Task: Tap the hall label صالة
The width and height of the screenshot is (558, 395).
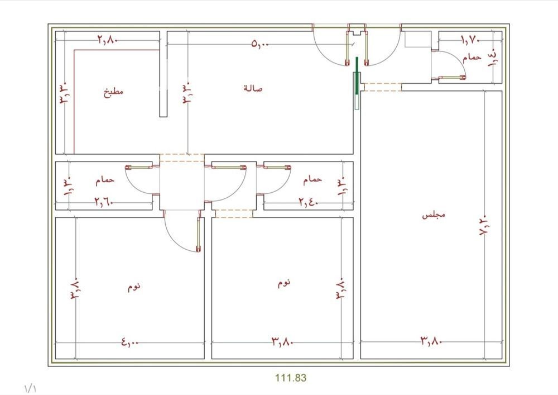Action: [x=253, y=88]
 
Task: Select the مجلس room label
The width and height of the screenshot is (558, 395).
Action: [x=434, y=215]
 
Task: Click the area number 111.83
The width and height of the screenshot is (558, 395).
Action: [x=290, y=378]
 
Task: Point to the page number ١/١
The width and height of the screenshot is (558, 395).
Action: [x=30, y=388]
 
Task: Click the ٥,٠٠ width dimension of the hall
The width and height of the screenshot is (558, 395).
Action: [x=260, y=44]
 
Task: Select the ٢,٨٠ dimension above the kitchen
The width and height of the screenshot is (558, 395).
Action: [x=108, y=40]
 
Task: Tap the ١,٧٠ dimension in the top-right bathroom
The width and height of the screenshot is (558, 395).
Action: [x=471, y=41]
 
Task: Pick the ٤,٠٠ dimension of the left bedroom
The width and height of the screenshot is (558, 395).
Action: [x=129, y=342]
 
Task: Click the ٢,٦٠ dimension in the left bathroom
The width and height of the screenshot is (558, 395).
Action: [x=104, y=202]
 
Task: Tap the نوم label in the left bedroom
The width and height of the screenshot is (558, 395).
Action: [x=134, y=287]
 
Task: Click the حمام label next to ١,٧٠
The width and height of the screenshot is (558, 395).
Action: [x=472, y=57]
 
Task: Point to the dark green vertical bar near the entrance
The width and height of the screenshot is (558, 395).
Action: [x=357, y=75]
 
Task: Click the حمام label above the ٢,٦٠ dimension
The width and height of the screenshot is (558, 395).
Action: [x=105, y=180]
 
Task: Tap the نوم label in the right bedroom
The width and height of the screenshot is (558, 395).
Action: [x=284, y=283]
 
